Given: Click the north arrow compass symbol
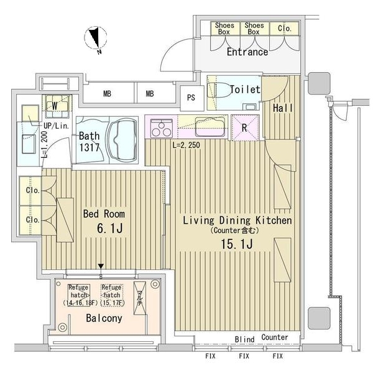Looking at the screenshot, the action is (96, 38).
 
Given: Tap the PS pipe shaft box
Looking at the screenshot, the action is (191, 98).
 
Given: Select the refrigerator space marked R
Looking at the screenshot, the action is (246, 127).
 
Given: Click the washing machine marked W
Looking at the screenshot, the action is (57, 106).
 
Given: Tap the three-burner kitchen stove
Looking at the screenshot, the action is (162, 128).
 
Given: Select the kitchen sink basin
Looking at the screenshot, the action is (210, 127).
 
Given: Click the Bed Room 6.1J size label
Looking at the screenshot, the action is (109, 228).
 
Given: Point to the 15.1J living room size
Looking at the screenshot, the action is (237, 244).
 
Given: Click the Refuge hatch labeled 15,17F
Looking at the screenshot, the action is (112, 295).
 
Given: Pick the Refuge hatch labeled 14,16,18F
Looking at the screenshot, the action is (79, 295).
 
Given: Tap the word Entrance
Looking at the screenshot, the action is (247, 52).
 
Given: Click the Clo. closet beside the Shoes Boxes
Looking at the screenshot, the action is (285, 29).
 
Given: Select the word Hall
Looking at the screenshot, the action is (283, 108).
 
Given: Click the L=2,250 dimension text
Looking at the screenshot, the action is (186, 145).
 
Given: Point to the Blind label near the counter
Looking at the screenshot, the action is (244, 339).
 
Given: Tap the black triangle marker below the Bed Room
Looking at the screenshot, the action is (101, 266).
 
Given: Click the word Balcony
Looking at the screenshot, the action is (104, 318).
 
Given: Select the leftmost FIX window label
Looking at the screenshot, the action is (210, 356).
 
